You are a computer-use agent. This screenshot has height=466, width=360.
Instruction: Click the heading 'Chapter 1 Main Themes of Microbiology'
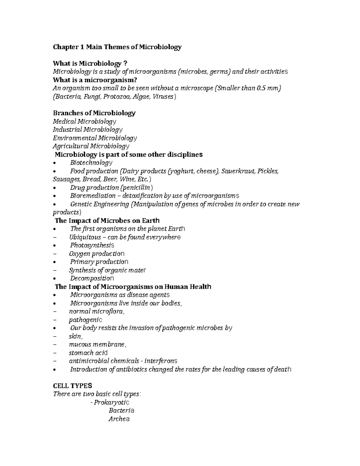[x=117, y=47]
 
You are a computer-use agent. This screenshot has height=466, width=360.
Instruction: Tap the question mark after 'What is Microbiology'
[x=125, y=64]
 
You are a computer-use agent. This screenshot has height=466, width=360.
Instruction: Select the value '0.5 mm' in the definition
[x=268, y=89]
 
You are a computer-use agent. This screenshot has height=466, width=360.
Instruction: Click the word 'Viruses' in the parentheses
[x=163, y=97]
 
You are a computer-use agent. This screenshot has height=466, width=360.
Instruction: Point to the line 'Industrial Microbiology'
[x=88, y=130]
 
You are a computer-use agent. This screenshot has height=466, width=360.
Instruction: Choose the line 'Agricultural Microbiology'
[x=91, y=146]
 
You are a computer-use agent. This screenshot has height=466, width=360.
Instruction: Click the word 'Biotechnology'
[x=91, y=163]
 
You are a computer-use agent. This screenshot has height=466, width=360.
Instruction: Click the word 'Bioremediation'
[x=92, y=196]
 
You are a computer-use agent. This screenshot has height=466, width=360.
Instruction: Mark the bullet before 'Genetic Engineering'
[x=54, y=205]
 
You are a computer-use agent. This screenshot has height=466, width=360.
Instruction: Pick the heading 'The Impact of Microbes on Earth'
[x=107, y=221]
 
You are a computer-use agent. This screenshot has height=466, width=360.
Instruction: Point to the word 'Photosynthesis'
[x=92, y=245]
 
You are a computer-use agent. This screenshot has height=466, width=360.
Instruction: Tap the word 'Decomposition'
[x=91, y=278]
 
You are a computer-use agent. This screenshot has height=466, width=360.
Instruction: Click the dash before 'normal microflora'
[x=54, y=311]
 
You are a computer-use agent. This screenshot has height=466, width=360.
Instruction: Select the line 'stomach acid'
[x=88, y=353]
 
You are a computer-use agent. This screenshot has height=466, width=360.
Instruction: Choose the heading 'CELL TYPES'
[x=72, y=386]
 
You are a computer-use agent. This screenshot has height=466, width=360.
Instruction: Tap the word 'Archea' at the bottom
[x=119, y=419]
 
